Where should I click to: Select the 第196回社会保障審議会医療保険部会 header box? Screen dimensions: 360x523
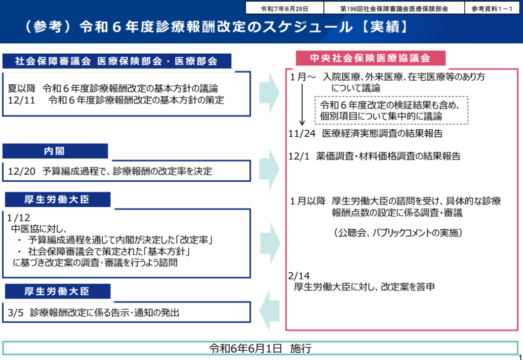coord(393,9)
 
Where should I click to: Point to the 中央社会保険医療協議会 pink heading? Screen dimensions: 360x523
coord(371,58)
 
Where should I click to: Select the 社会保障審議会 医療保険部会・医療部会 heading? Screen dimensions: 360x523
coord(116,61)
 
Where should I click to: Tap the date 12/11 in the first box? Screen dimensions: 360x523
coord(21,100)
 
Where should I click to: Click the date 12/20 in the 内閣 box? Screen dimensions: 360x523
coord(21,172)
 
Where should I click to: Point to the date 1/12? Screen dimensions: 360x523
coord(19,217)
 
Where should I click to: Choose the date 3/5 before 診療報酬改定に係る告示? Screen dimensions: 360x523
coord(16,313)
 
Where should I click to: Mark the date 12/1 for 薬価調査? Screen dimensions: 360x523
coord(299,156)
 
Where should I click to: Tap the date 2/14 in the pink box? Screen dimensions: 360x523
coord(299,276)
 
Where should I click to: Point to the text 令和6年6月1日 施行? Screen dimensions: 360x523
coord(260,348)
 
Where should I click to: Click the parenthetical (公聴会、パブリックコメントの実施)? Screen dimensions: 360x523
coord(398,233)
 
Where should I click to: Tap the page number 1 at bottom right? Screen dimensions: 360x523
coord(519,356)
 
